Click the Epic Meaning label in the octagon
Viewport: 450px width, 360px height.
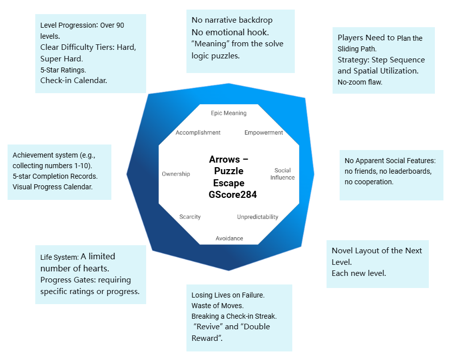[228, 113]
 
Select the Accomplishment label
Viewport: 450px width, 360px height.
[198, 133]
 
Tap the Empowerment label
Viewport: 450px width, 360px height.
[264, 133]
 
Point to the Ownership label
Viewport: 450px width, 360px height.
[176, 174]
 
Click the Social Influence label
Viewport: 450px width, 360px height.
[282, 174]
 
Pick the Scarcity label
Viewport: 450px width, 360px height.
[190, 217]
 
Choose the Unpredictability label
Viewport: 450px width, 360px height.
[258, 217]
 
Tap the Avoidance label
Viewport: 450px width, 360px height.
[229, 238]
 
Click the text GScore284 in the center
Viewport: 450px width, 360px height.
[232, 195]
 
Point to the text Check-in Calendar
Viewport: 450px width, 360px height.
[74, 80]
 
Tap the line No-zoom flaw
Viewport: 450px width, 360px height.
[360, 82]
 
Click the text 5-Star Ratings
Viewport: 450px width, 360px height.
[63, 69]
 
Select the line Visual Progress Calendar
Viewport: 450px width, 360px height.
[53, 187]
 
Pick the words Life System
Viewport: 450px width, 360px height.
[59, 258]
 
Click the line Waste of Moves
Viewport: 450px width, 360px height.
[218, 306]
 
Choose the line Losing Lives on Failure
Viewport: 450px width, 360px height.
[228, 295]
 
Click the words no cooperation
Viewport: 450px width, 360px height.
[369, 182]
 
